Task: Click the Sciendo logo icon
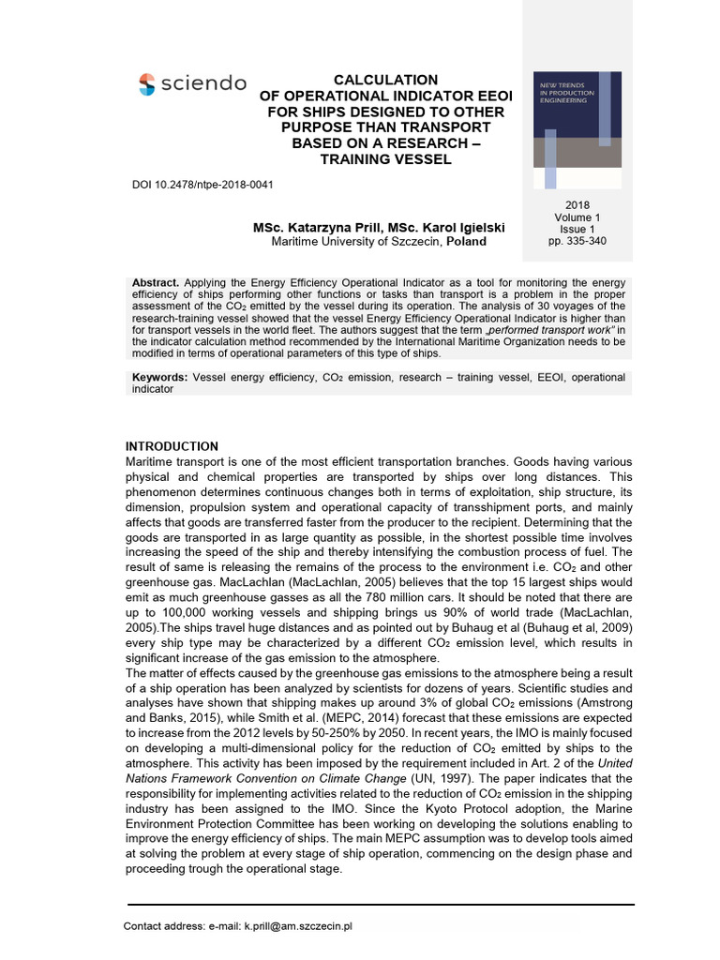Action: click(x=148, y=84)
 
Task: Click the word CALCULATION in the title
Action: click(x=386, y=80)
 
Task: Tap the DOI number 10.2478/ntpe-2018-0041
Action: click(x=217, y=184)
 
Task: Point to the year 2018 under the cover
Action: click(x=577, y=205)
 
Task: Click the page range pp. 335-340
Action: click(x=577, y=241)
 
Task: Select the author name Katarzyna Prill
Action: click(x=334, y=228)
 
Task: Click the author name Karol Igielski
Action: click(x=457, y=228)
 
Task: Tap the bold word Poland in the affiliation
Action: click(x=466, y=242)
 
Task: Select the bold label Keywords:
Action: click(x=159, y=377)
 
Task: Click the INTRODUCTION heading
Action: click(x=172, y=446)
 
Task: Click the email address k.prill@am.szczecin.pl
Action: click(x=297, y=926)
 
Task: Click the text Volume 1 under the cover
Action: click(x=577, y=217)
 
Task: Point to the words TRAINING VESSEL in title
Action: click(x=385, y=159)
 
